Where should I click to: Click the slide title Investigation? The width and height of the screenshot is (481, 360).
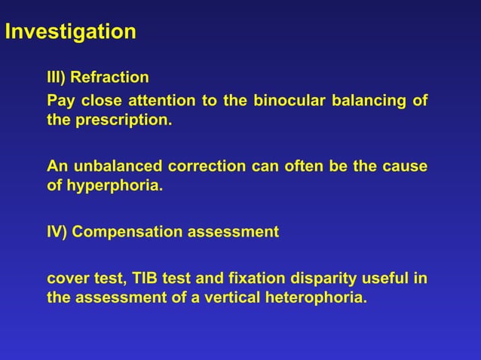coord(70,32)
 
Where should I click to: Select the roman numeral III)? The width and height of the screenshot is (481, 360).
coord(59,78)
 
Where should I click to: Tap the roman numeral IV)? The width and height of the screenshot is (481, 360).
coord(58,232)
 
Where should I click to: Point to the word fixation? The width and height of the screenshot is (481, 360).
coord(254,278)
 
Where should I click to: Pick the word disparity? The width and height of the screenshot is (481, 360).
coord(319,278)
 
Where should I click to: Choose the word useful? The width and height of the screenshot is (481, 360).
coord(382,278)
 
